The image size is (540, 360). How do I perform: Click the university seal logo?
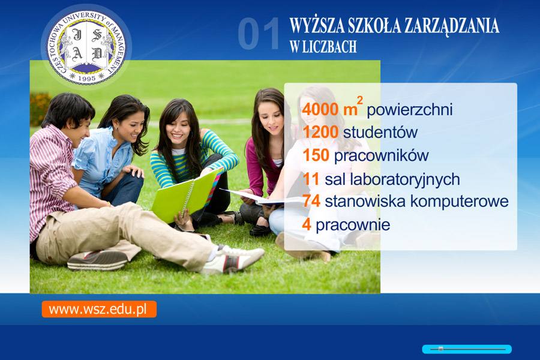[86, 47]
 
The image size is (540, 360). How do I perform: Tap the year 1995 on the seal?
[87, 78]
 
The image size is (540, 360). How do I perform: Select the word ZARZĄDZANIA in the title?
[452, 25]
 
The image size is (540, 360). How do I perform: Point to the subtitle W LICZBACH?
[323, 47]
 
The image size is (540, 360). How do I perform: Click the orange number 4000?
[320, 110]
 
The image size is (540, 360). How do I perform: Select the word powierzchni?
[409, 110]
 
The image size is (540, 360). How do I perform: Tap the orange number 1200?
[320, 132]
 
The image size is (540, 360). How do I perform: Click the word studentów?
[380, 132]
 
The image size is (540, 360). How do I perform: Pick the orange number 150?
[316, 155]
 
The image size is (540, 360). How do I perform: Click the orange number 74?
[311, 201]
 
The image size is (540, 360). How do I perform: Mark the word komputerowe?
[460, 202]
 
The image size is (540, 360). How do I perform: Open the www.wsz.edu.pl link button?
[99, 309]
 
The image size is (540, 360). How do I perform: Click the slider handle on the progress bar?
[440, 349]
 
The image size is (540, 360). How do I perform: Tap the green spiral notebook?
[186, 196]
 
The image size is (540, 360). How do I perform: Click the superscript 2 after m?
[359, 100]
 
